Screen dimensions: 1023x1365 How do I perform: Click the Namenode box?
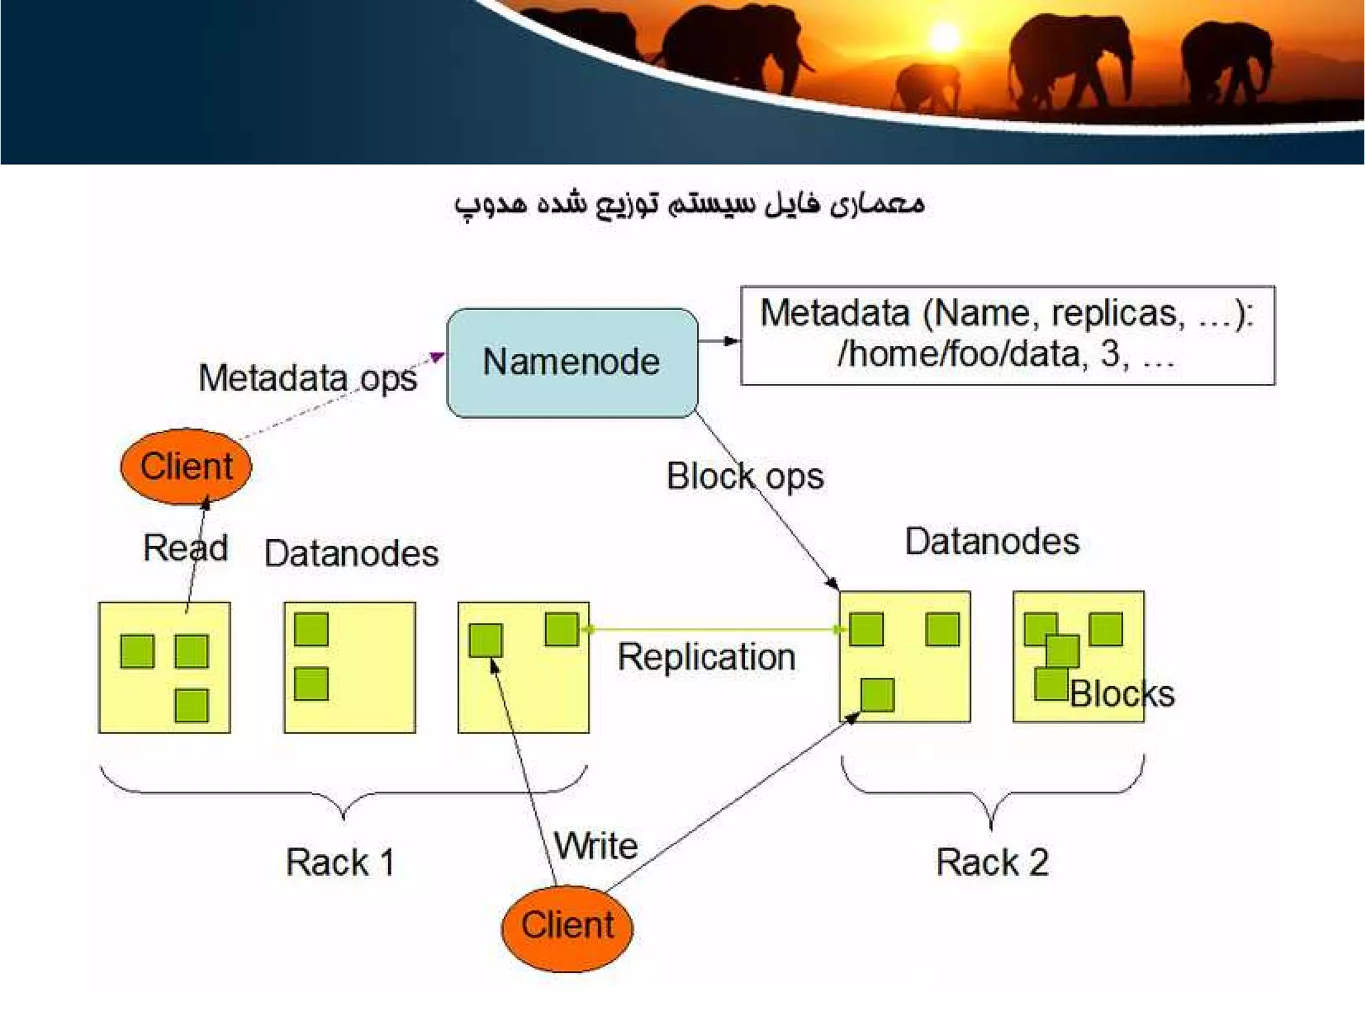click(572, 363)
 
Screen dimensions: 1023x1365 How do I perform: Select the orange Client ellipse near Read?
click(186, 466)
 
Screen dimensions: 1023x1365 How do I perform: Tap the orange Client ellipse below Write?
click(567, 926)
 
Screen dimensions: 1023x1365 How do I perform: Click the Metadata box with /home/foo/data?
click(1007, 335)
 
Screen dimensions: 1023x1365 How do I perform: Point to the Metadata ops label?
click(307, 378)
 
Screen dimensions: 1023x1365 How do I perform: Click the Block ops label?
click(745, 477)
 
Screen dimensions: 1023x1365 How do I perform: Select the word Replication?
click(706, 657)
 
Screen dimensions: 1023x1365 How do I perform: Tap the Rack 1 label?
click(340, 862)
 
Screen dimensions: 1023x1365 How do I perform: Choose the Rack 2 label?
click(992, 862)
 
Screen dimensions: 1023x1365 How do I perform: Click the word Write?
click(596, 846)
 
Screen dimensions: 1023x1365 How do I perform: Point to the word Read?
click(185, 548)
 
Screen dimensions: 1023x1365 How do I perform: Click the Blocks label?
click(1122, 694)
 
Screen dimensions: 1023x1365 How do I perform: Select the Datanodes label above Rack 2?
click(992, 541)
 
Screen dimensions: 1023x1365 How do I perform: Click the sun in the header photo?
click(944, 37)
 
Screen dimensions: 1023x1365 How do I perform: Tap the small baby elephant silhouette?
click(926, 87)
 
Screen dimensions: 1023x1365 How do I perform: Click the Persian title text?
click(689, 203)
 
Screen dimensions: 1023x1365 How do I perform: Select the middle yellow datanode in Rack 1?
click(349, 667)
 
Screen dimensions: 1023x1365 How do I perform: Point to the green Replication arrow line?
click(713, 629)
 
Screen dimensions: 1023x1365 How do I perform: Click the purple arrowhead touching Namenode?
click(437, 357)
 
